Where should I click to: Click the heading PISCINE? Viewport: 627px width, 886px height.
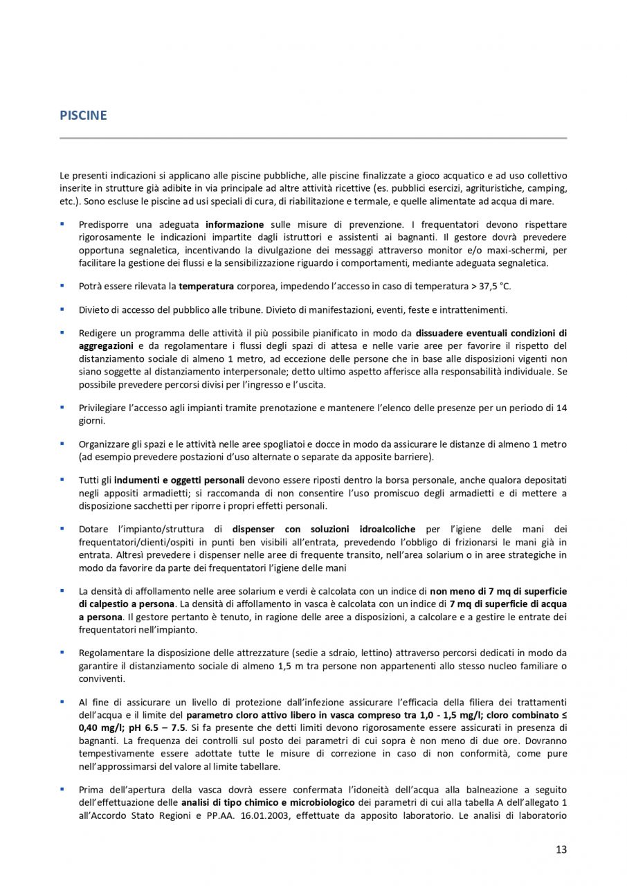[x=83, y=116]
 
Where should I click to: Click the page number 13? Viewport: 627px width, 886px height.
[x=561, y=849]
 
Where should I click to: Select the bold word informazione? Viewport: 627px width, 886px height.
[x=235, y=225]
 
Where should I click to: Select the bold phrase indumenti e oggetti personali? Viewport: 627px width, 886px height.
[x=179, y=479]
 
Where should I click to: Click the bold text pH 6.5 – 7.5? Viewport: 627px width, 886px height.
[x=156, y=727]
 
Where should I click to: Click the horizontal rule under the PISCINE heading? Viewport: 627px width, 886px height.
[x=313, y=138]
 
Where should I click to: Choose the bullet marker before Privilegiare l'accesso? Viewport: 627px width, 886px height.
[x=62, y=407]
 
